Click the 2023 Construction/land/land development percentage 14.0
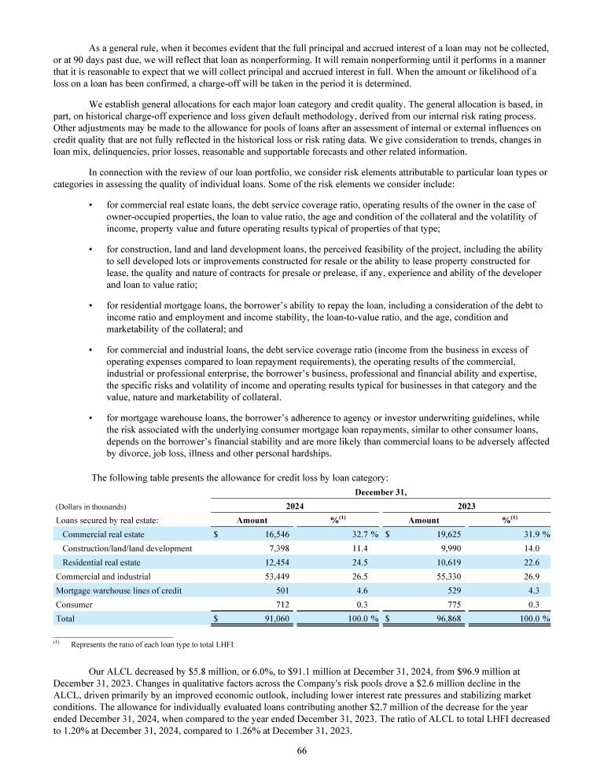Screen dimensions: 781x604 pyautogui.click(x=538, y=547)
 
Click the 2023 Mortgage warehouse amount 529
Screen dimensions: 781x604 pyautogui.click(x=461, y=590)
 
